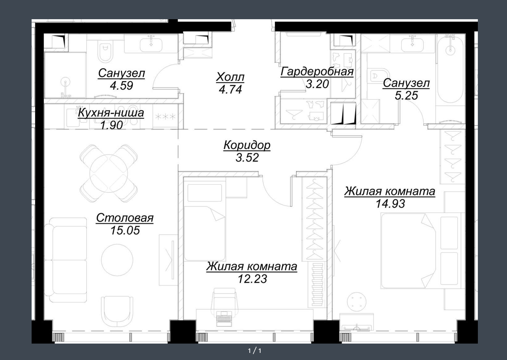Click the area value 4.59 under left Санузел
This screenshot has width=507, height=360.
click(x=121, y=86)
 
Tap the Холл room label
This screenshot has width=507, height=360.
click(x=230, y=77)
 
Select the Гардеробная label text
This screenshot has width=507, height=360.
click(x=317, y=72)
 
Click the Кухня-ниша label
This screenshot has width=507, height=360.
click(x=111, y=113)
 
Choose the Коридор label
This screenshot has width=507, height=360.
click(x=247, y=145)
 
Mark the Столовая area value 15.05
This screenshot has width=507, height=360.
click(x=125, y=230)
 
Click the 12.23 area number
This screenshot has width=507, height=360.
click(x=252, y=279)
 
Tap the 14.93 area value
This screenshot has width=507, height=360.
click(x=390, y=204)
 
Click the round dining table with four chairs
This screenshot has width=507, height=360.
click(x=109, y=173)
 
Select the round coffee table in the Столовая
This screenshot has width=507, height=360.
click(x=117, y=260)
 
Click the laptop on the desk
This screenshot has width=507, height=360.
click(x=224, y=318)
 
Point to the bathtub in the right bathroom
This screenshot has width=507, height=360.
click(x=450, y=69)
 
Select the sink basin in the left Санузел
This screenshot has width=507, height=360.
click(x=151, y=45)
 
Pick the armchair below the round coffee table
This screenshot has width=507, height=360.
click(x=117, y=311)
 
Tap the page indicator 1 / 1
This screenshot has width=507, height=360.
click(x=255, y=351)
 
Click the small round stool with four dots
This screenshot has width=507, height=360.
click(x=357, y=302)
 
